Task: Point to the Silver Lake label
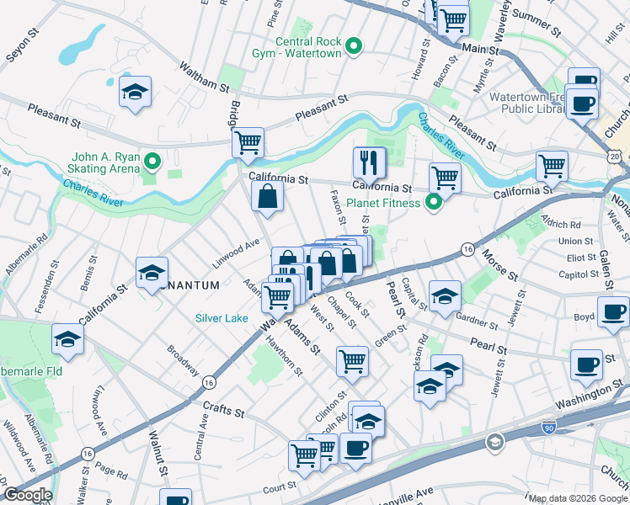point(222,317)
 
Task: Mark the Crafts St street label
point(223,410)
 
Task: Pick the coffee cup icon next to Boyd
point(612,312)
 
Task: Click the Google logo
point(27,495)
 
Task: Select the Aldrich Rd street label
point(563,225)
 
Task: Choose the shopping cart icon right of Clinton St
point(353,361)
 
